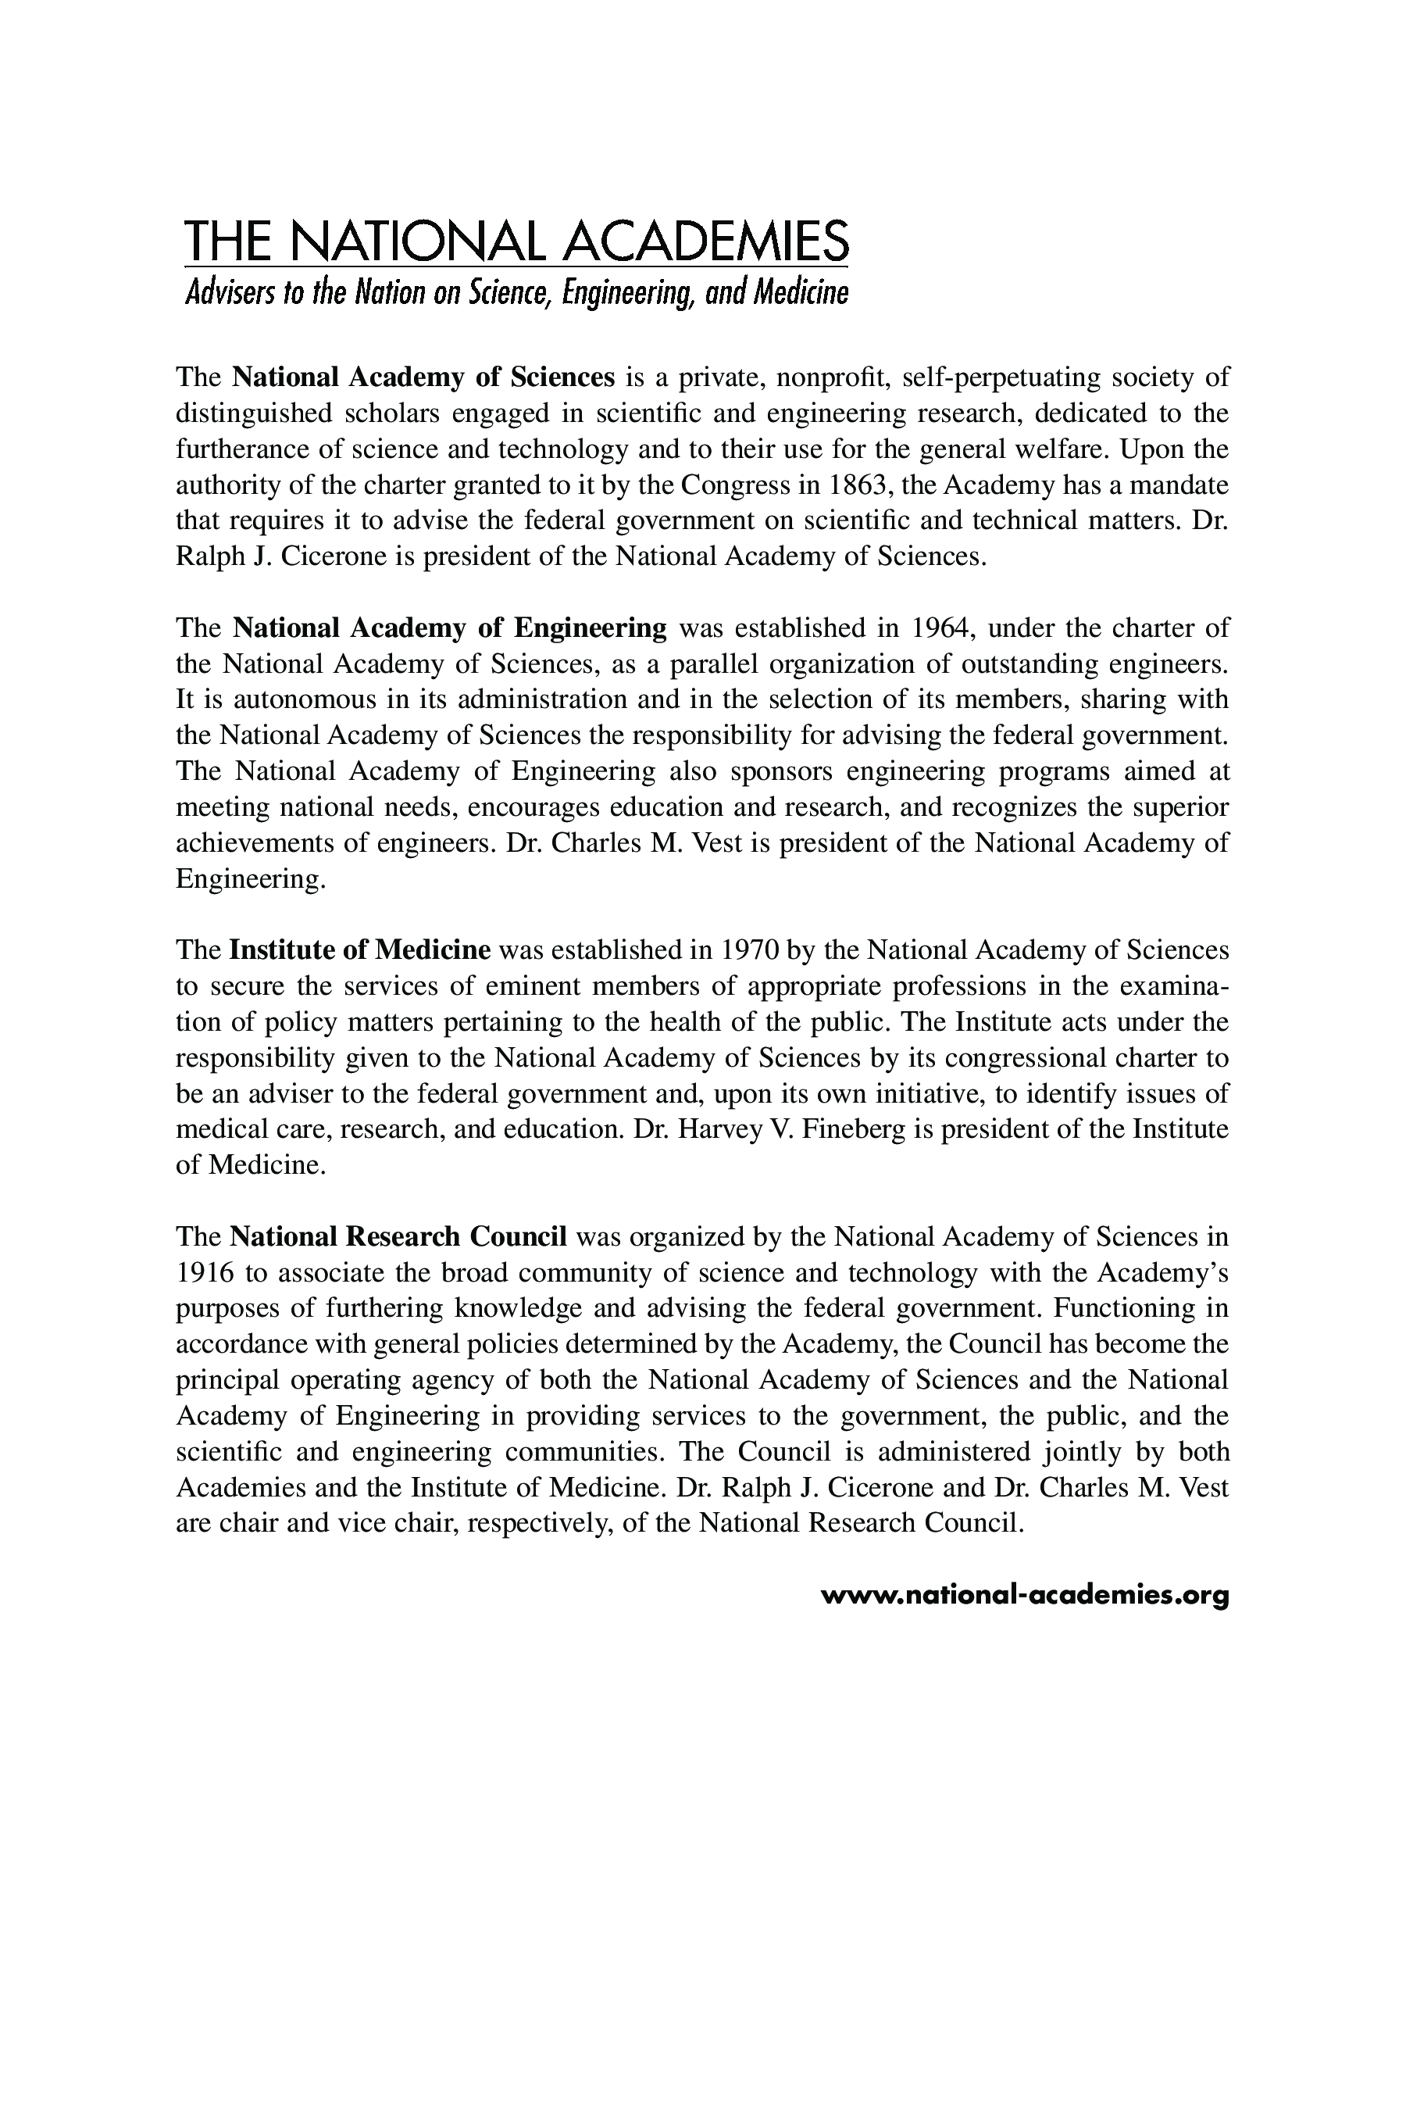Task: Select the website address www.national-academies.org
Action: (x=1024, y=1595)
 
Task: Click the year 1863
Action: (x=856, y=485)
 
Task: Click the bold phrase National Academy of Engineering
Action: (x=449, y=628)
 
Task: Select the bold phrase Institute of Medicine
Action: (x=359, y=950)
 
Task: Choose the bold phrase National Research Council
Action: (x=398, y=1237)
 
